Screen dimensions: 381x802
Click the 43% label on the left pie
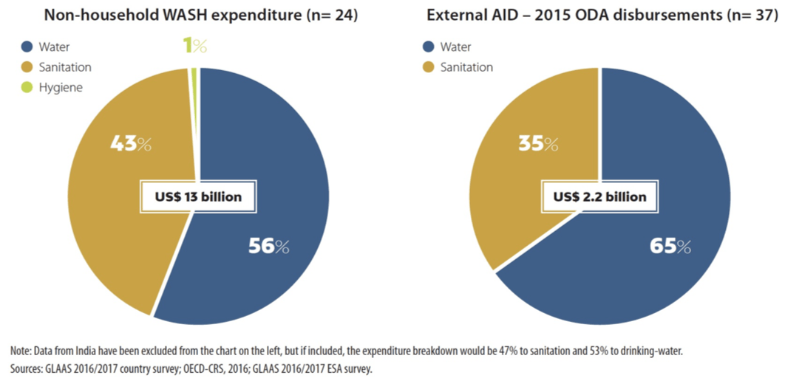point(130,143)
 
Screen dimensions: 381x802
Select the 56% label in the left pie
point(269,246)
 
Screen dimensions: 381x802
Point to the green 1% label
point(194,47)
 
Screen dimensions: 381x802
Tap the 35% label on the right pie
point(537,143)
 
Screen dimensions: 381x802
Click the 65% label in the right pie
point(670,246)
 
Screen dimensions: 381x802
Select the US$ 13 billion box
point(199,196)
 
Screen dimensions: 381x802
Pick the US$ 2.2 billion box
point(599,196)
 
